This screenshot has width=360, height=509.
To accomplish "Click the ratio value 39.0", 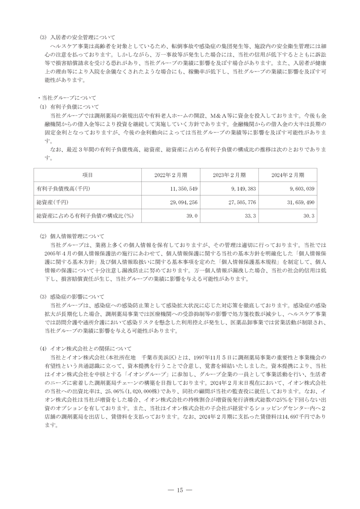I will pos(192,215).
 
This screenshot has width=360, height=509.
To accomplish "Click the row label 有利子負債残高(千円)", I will pos(63,188).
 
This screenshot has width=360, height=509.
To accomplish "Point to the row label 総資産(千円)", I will pos(53,202).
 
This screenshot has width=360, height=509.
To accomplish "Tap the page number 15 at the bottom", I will pos(180,490).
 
